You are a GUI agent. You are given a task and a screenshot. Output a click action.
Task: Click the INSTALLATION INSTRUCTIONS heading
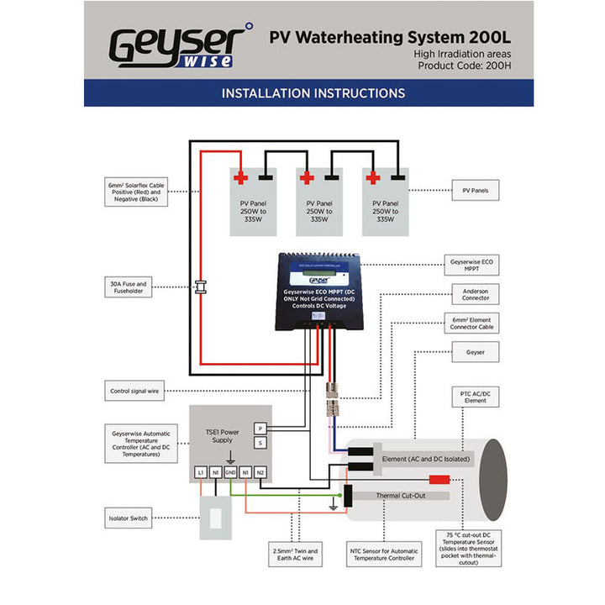pos(313,93)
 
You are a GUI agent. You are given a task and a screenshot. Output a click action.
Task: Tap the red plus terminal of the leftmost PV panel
pos(240,177)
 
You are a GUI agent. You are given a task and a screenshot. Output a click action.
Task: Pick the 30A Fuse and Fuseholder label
pos(129,288)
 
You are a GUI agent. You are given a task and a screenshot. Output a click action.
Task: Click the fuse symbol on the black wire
pos(201,286)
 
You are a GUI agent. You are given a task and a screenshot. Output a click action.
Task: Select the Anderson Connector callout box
pos(475,294)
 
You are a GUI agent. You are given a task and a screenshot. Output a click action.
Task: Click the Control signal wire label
pos(135,391)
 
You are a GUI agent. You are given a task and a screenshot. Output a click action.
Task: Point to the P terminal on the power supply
pos(260,429)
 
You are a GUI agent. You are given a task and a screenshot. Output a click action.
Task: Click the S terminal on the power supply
pos(260,443)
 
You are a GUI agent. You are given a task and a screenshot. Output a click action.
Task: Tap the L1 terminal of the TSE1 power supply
pos(201,473)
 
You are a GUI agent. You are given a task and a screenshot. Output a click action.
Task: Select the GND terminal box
pos(230,473)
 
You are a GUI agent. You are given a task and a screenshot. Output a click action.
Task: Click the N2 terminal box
pos(260,473)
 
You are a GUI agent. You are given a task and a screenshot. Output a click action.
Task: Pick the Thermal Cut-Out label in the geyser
pos(401,496)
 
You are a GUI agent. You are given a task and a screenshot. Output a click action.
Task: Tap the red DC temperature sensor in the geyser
pos(439,480)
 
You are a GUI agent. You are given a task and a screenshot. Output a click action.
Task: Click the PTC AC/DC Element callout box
pos(475,397)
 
